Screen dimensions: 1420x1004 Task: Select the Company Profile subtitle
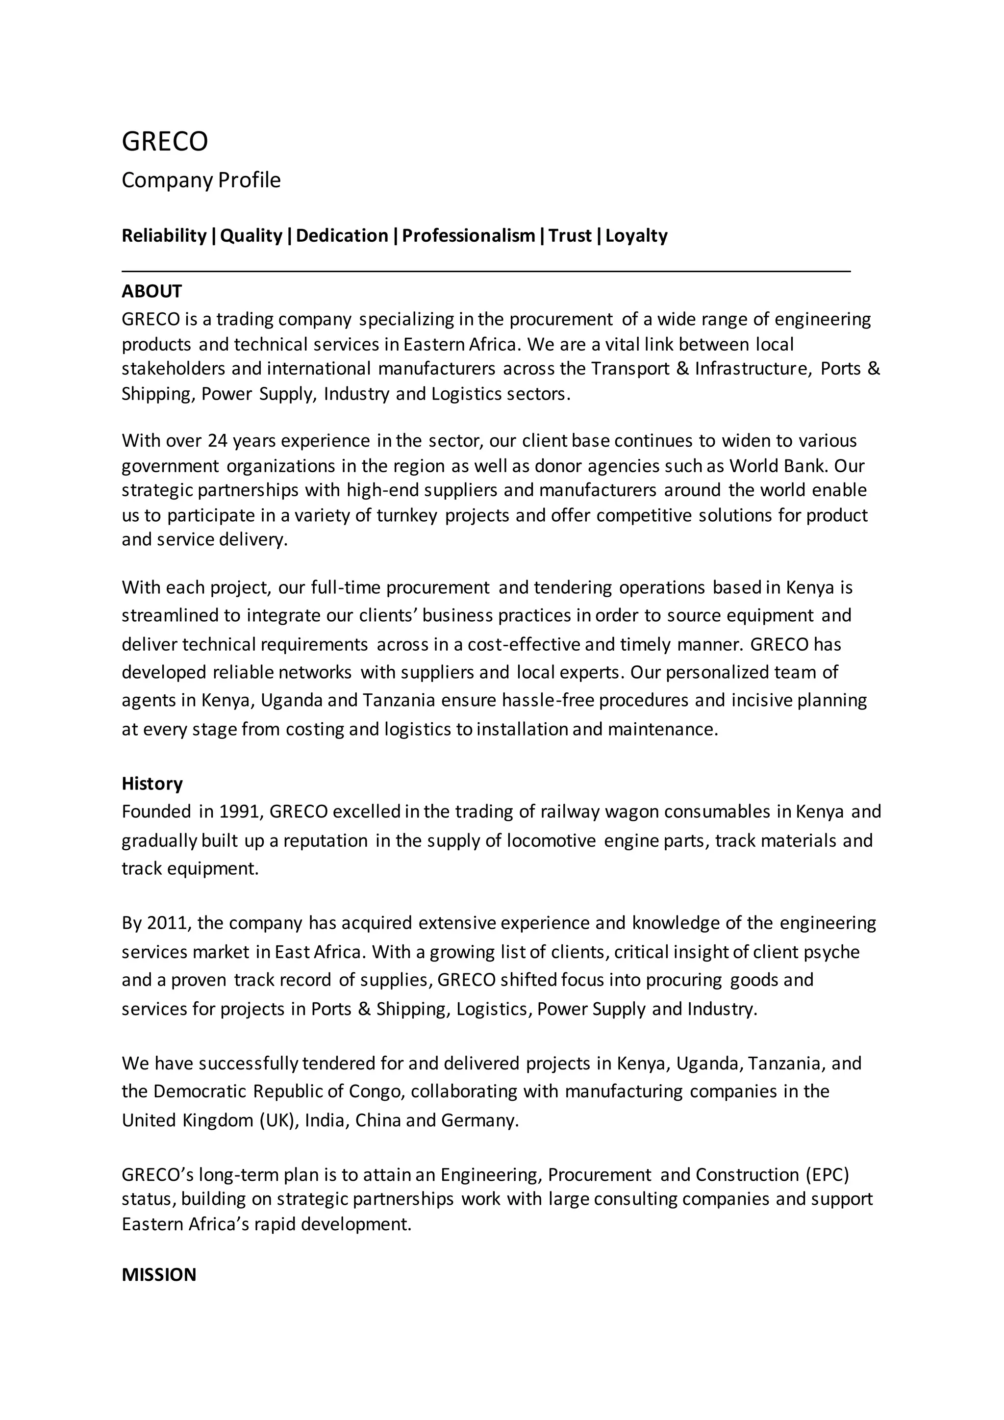point(201,180)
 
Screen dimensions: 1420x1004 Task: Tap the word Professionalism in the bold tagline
point(468,236)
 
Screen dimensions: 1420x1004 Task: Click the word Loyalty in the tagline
point(636,236)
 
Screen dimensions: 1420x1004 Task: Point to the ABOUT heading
point(151,291)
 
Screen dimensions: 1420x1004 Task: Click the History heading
point(152,784)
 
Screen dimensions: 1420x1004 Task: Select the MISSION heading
point(159,1275)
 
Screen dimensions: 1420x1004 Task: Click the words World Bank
point(779,465)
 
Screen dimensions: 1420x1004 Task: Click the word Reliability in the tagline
point(164,236)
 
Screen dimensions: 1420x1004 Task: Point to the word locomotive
point(551,840)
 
